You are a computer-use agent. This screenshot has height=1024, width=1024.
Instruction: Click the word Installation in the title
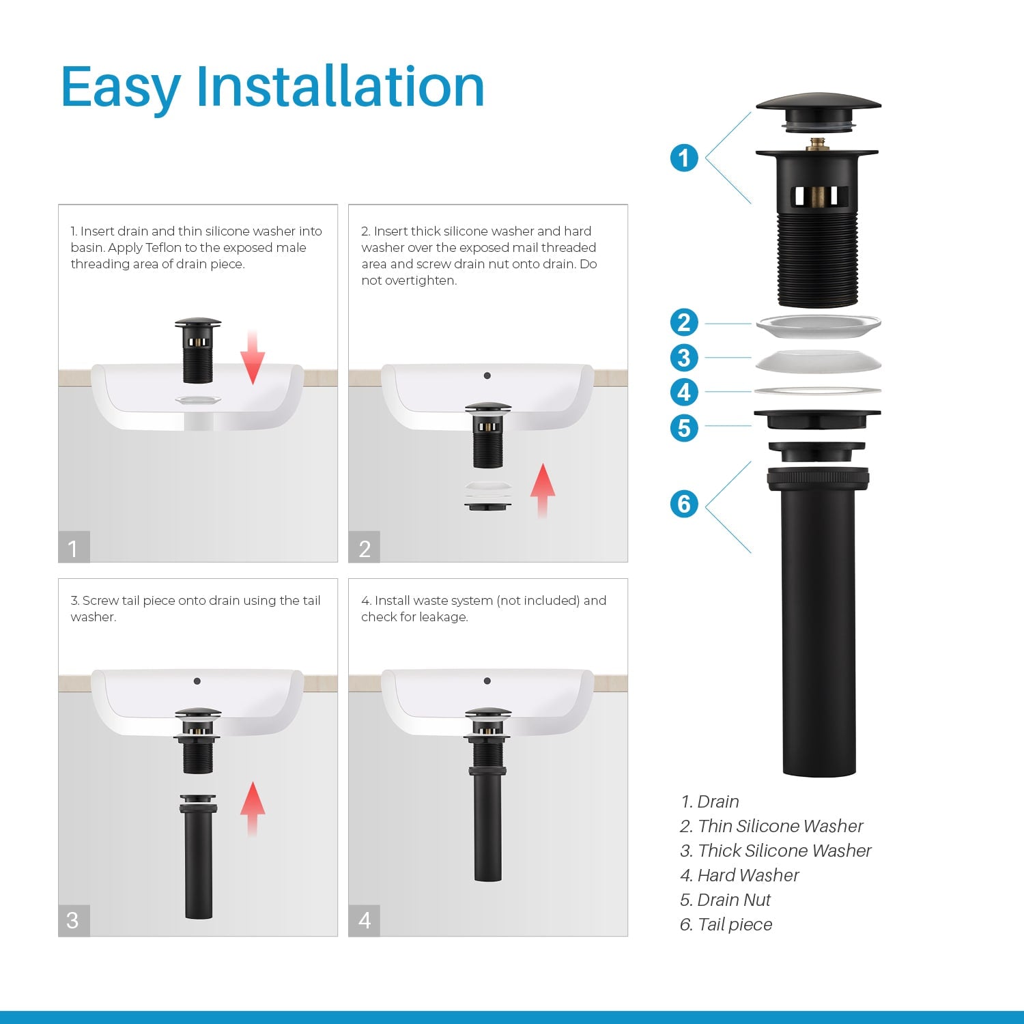[340, 87]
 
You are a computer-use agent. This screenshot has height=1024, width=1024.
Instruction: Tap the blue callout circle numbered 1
[684, 158]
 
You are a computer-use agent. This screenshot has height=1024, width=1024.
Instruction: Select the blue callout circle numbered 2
[684, 322]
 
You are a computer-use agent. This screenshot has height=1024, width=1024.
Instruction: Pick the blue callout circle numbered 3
[684, 358]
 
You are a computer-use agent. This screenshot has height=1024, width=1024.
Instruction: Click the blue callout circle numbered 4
[684, 393]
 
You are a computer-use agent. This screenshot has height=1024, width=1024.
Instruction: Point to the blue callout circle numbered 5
[684, 428]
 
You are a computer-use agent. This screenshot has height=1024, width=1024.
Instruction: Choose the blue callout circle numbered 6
[684, 504]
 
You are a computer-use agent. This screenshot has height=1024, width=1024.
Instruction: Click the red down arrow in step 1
[253, 357]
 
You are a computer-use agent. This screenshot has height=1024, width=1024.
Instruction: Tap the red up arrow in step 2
[543, 491]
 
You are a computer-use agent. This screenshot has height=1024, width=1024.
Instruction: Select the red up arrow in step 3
[253, 809]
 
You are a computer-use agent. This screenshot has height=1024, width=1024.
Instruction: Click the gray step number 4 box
[364, 920]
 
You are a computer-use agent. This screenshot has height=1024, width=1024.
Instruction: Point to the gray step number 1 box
[74, 547]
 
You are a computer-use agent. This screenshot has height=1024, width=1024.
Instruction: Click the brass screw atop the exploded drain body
[816, 144]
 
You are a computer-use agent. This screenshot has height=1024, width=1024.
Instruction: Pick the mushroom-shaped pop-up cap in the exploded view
[818, 112]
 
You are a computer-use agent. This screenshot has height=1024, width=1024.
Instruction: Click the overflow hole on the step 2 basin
[487, 375]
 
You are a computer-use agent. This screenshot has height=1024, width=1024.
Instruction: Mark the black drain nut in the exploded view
[817, 419]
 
